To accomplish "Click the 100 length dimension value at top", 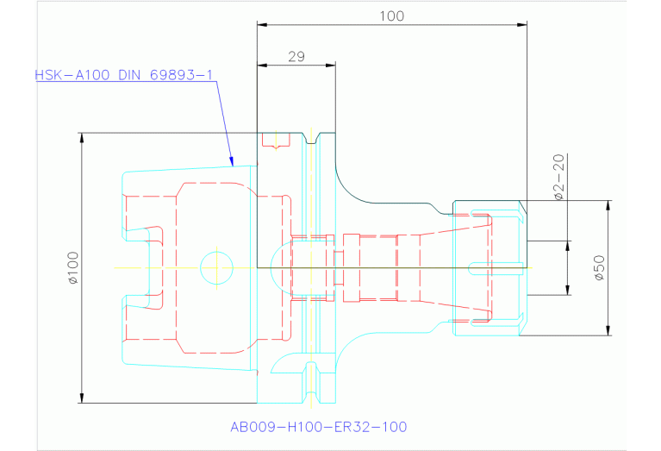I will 391,16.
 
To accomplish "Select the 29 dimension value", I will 296,56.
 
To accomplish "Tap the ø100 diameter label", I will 72,267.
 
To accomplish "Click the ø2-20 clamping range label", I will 558,177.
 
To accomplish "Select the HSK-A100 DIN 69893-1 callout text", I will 123,75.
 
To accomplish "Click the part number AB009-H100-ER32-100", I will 318,426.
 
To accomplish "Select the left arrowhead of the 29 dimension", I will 260,65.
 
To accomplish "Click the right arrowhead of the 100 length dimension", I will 524,24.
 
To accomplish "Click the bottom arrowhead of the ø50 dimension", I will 608,330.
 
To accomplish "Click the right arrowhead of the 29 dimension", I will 332,65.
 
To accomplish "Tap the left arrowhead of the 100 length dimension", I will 261,24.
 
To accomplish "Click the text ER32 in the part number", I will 352,426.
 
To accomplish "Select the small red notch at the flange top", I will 275,141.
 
